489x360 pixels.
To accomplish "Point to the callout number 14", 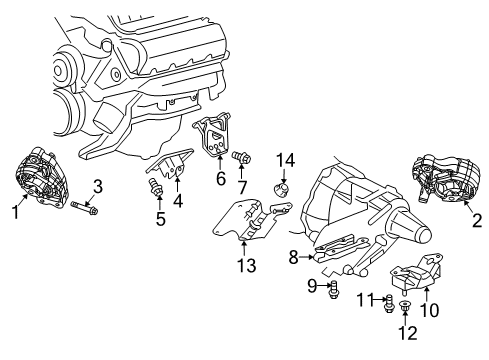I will point(285,159).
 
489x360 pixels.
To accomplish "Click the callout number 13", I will point(247,266).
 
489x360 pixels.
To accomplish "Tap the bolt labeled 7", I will point(241,157).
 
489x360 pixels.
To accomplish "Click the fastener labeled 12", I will point(405,306).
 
